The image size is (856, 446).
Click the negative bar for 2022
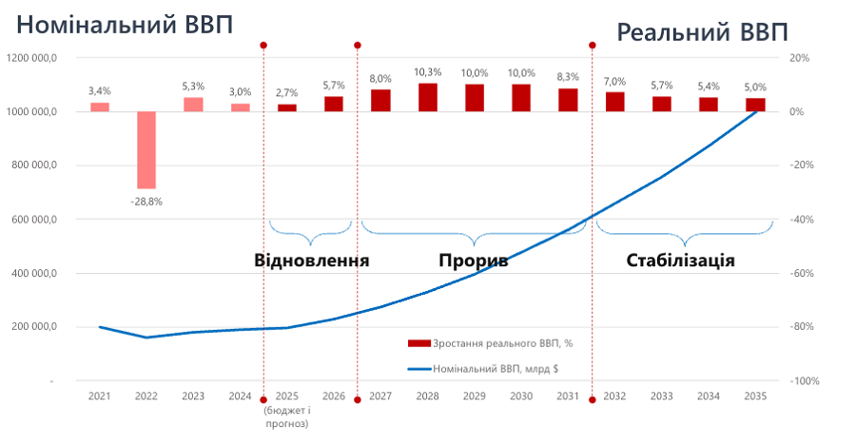[x=146, y=149]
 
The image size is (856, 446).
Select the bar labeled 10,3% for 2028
[x=428, y=97]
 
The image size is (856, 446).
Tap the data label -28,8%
[x=146, y=202]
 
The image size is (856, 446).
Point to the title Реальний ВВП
[x=702, y=32]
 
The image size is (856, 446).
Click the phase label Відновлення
[x=311, y=260]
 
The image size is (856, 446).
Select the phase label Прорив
[x=473, y=260]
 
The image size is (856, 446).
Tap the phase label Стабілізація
[x=680, y=260]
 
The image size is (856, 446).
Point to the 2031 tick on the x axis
[x=568, y=396]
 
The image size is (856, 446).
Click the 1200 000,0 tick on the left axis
[x=32, y=58]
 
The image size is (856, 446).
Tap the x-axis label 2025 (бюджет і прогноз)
[x=286, y=410]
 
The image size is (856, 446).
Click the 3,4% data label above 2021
[x=99, y=91]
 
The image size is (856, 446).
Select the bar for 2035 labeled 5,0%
[x=755, y=105]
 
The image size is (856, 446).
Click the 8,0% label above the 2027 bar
[x=380, y=78]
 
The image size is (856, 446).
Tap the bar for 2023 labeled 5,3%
[x=193, y=105]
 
